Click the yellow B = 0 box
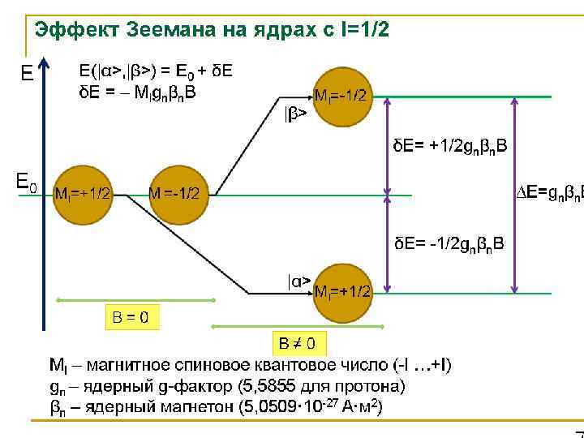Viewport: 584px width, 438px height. pyautogui.click(x=129, y=316)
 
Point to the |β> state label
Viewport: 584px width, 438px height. pyautogui.click(x=295, y=115)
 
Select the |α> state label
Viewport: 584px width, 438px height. pyautogui.click(x=298, y=281)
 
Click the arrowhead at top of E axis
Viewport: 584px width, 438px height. pyautogui.click(x=45, y=62)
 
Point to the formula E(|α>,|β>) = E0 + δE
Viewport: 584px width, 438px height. pyautogui.click(x=155, y=71)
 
